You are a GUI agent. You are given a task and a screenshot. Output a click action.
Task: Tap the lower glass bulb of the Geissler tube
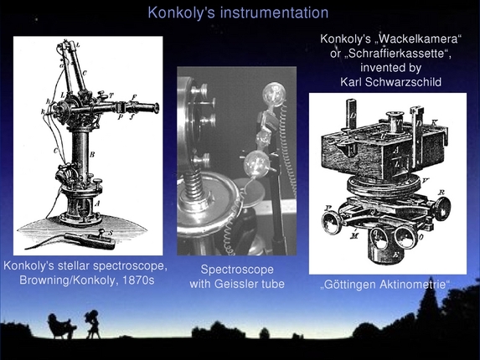[256, 163]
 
